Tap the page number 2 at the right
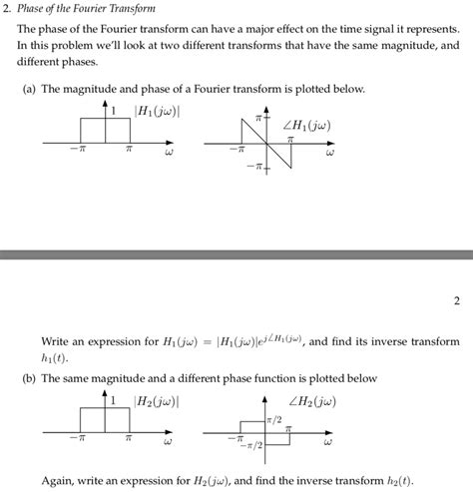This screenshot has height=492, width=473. [456, 299]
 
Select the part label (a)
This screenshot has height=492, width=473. [30, 89]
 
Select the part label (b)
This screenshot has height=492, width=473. [30, 378]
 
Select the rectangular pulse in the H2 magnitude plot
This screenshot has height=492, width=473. [105, 420]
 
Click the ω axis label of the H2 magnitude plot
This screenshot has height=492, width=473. [168, 442]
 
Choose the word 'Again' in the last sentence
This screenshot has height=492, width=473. [58, 479]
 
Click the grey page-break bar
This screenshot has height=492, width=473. [236, 254]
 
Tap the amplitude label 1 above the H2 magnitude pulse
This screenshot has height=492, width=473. [114, 400]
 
